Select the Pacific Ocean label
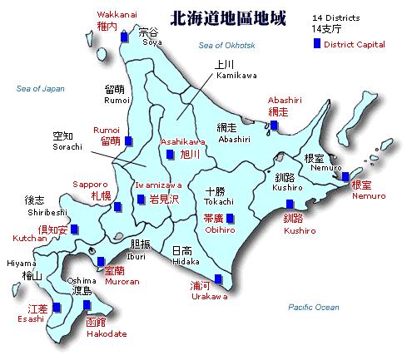pos(313,308)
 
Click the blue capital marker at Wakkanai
pos(125,37)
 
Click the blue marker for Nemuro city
pos(345,176)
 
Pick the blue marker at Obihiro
pos(230,219)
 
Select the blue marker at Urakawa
pos(218,279)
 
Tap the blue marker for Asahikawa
pos(170,155)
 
